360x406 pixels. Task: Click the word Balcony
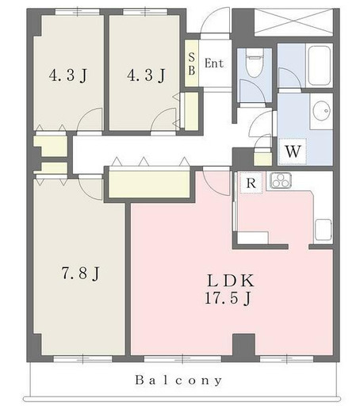(x=178, y=381)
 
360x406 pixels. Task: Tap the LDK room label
(x=231, y=281)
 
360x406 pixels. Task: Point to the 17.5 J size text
(x=228, y=299)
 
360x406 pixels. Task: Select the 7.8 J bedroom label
(x=81, y=273)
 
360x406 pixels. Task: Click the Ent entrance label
(x=214, y=63)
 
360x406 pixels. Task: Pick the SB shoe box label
(x=192, y=63)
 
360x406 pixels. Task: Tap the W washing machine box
(x=293, y=151)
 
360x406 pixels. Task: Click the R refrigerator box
(x=251, y=182)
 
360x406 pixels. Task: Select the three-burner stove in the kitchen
(x=281, y=180)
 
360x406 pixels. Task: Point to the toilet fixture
(x=255, y=63)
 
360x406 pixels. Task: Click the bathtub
(x=320, y=66)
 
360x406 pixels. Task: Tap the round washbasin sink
(x=321, y=111)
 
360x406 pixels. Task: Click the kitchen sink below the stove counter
(x=323, y=229)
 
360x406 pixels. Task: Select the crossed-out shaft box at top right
(x=293, y=22)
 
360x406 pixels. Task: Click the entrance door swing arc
(x=214, y=21)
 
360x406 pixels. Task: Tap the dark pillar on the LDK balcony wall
(x=243, y=345)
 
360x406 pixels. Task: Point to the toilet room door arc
(x=252, y=91)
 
